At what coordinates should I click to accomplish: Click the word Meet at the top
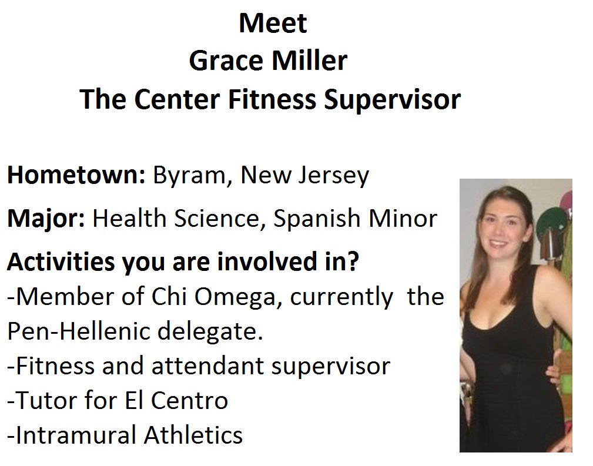click(273, 24)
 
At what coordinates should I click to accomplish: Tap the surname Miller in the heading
click(309, 61)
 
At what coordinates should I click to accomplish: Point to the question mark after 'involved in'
click(352, 261)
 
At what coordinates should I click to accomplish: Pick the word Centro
click(189, 401)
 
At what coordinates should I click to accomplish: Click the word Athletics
click(193, 435)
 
